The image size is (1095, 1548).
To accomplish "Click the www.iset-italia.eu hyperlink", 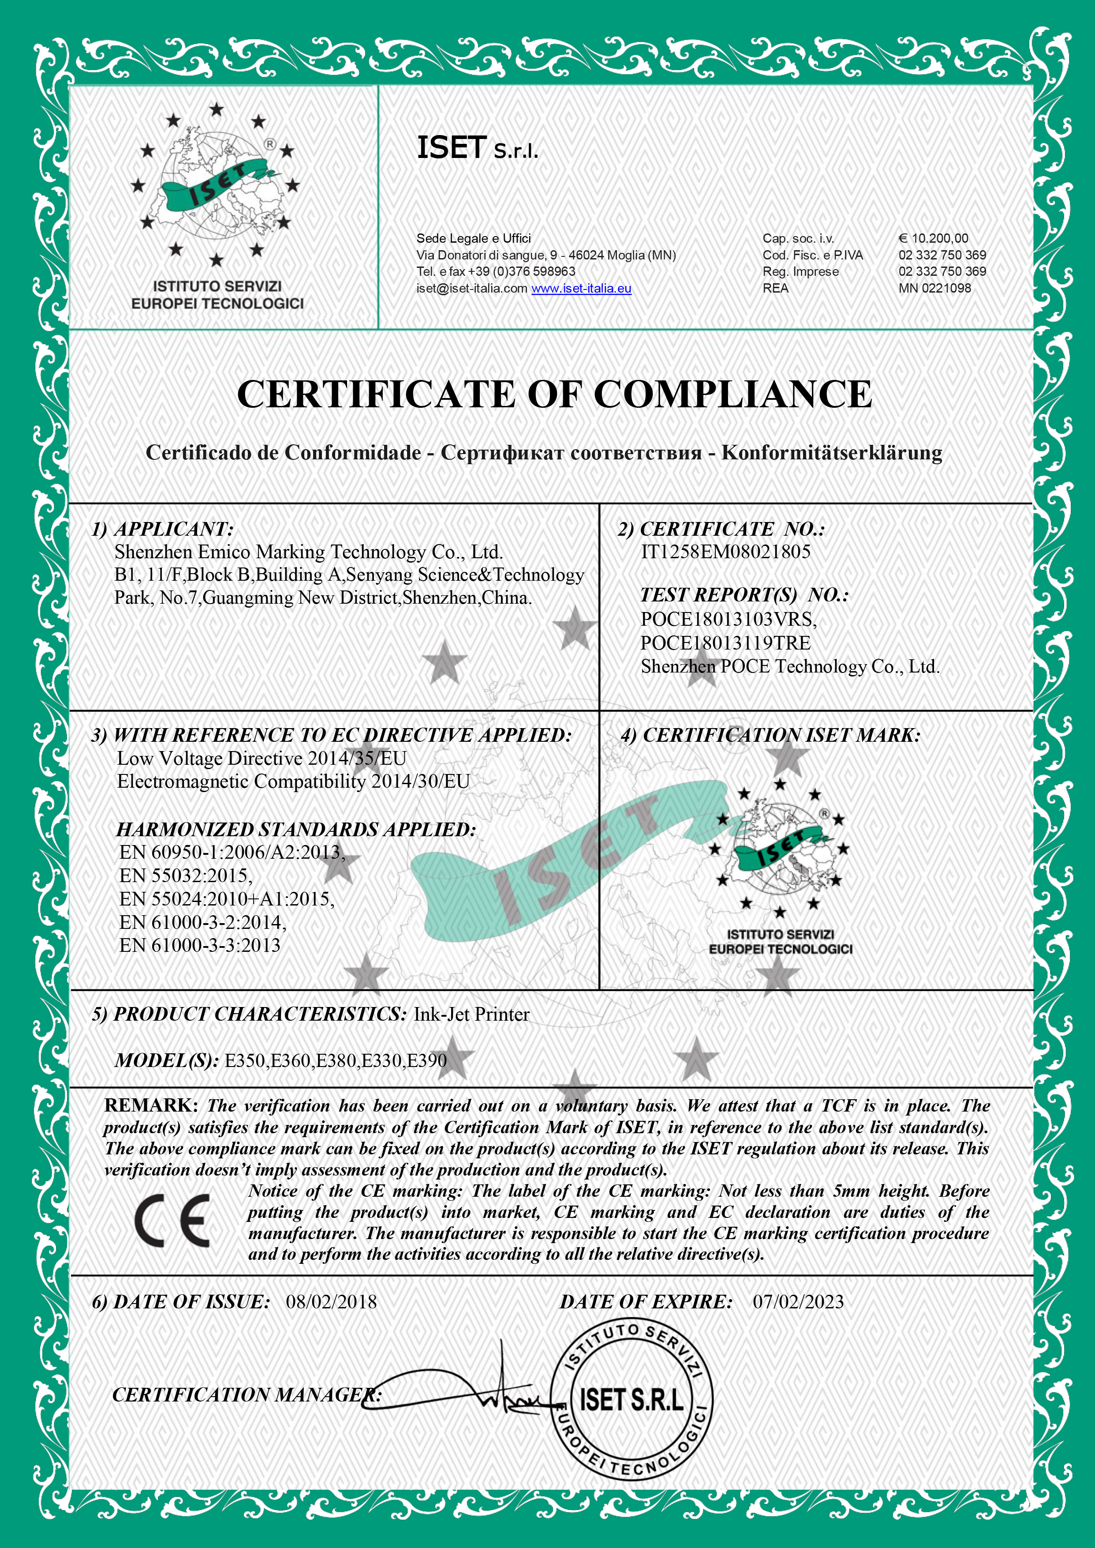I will pos(581,288).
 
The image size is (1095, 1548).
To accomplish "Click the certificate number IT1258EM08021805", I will pos(725,552).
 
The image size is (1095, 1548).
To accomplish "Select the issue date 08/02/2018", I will pos(331,1301).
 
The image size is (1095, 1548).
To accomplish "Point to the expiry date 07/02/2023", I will pos(798,1301).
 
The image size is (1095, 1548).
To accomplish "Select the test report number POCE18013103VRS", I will pos(728,619).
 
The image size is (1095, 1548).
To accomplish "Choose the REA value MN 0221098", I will pos(934,288).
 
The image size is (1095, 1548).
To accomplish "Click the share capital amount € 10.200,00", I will pos(933,238).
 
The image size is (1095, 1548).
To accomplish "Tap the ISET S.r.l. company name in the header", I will pos(477,148).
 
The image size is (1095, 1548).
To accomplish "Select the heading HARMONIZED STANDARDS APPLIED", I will pos(296,829).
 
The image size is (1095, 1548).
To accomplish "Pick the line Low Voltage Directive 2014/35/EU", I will pos(262,758).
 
